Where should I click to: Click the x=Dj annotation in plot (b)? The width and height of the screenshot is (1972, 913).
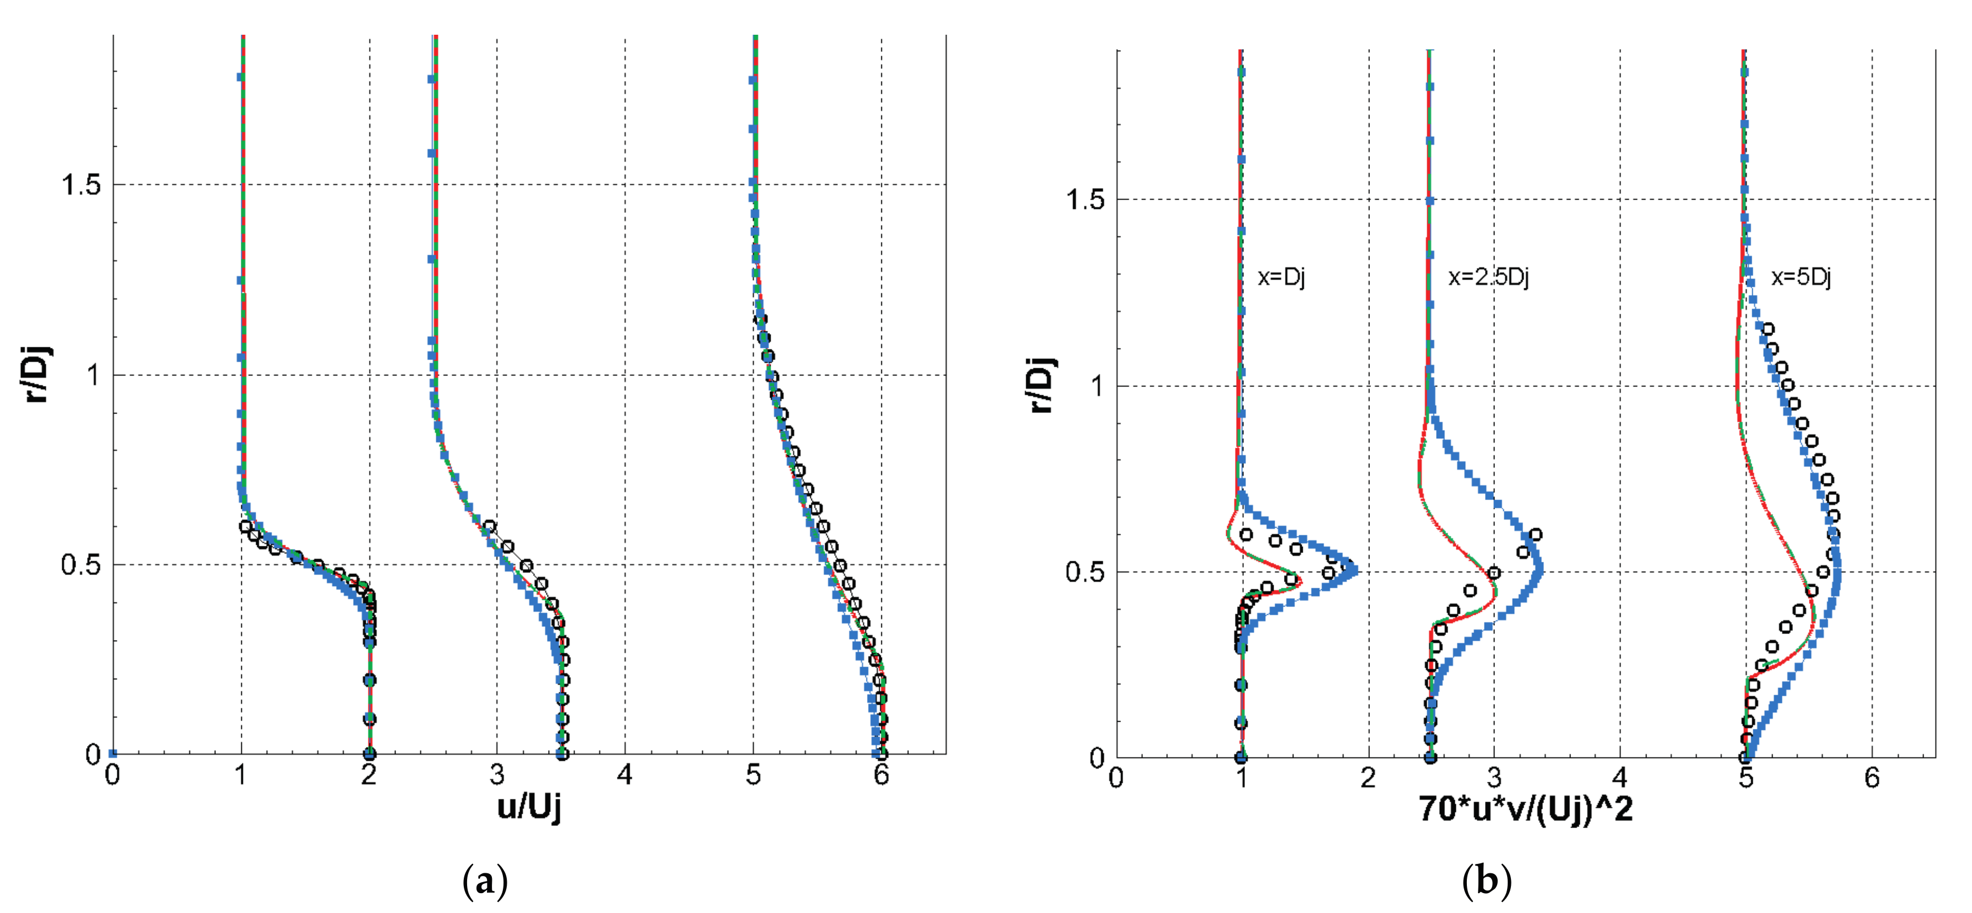(x=1281, y=277)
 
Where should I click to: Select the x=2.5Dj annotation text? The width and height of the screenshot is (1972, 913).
(x=1487, y=277)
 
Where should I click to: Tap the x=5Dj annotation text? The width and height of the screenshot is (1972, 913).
(x=1801, y=277)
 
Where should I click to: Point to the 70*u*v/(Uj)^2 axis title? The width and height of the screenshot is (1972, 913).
(x=1526, y=809)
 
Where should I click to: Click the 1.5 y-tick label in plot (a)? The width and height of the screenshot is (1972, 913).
(x=81, y=185)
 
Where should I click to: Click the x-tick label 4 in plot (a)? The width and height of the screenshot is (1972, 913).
(x=625, y=775)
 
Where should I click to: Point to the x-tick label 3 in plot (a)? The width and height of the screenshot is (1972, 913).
(x=497, y=775)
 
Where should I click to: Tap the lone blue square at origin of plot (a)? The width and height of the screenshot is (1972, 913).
(x=112, y=754)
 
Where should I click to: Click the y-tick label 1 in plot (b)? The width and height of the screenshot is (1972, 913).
(x=1097, y=386)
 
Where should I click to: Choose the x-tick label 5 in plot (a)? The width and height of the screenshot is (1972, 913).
(x=754, y=775)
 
